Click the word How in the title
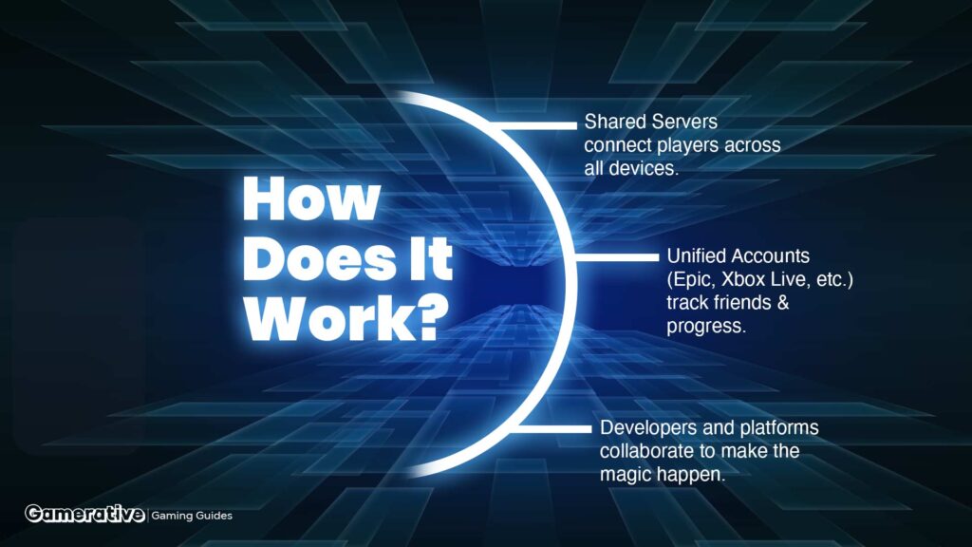point(311,198)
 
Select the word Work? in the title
point(346,319)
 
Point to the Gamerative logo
point(84,514)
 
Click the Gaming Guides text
point(192,516)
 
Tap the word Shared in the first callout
point(614,122)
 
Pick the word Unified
point(695,255)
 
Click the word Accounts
point(769,255)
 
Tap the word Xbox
point(743,279)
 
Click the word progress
point(706,327)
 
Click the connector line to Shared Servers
point(538,125)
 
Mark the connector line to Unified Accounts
point(617,256)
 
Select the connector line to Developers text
point(553,428)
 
